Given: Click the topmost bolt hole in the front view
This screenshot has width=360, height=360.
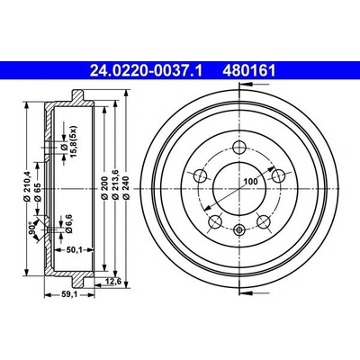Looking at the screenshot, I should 238,149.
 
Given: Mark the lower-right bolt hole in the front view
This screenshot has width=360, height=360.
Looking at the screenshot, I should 265,220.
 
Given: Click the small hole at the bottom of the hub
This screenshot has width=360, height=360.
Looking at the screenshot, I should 239,231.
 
